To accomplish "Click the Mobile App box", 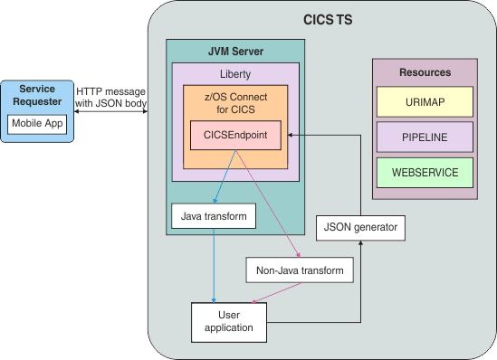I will (37, 124).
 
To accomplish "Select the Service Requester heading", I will (37, 95).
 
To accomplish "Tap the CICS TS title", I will (327, 20).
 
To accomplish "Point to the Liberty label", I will (235, 74).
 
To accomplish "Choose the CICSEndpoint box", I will (235, 137).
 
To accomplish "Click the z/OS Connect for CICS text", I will (235, 104).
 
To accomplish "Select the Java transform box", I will (214, 217).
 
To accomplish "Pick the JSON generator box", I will (360, 227).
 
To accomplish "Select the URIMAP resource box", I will (425, 101).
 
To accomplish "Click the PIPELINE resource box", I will (425, 137).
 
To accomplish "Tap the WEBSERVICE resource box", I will (425, 172).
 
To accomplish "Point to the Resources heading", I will (425, 71).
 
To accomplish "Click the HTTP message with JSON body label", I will (111, 97).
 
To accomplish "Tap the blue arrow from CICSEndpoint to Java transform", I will (226, 176).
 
